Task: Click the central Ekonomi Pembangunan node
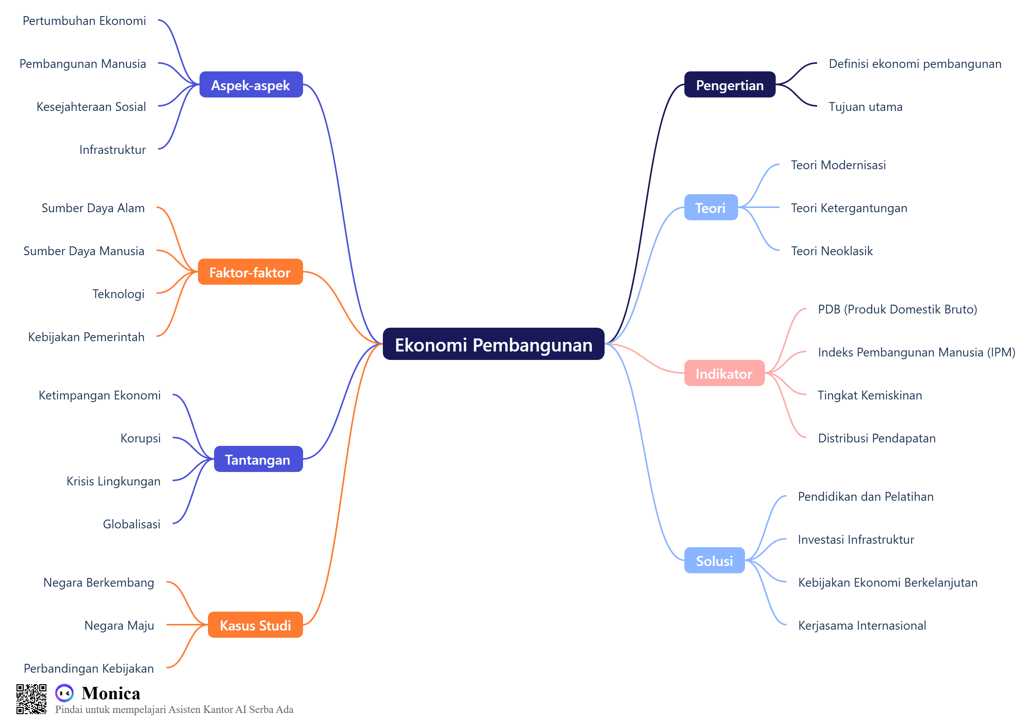point(493,344)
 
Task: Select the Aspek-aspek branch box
point(251,85)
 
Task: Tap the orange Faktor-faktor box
point(250,272)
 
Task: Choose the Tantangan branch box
point(258,459)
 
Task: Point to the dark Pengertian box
point(729,85)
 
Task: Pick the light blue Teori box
point(710,208)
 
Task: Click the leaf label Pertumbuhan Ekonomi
point(84,21)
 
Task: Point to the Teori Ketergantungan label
point(849,208)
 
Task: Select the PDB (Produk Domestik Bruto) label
point(897,309)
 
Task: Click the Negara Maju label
point(119,625)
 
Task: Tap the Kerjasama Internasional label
point(862,625)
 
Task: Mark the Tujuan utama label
point(865,107)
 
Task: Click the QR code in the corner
point(31,698)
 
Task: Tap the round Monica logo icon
point(64,693)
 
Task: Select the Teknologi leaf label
point(118,294)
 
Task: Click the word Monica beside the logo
point(111,693)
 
